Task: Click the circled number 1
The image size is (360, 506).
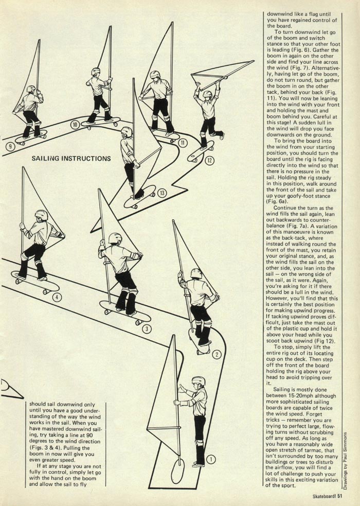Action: click(x=211, y=459)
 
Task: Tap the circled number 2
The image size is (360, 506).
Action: click(x=217, y=355)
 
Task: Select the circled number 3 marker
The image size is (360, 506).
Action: click(x=147, y=329)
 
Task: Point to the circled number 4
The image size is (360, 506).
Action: click(x=57, y=297)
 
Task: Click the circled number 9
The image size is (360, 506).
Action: click(x=10, y=147)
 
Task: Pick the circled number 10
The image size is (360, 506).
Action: click(x=75, y=125)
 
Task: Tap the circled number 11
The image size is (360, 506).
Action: click(x=183, y=142)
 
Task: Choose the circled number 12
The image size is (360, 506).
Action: click(x=210, y=160)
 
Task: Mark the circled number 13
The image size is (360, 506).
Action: click(x=162, y=194)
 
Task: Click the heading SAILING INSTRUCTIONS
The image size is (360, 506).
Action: click(x=71, y=159)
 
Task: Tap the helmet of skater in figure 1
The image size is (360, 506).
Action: click(x=198, y=381)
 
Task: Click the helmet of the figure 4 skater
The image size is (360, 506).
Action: click(x=42, y=215)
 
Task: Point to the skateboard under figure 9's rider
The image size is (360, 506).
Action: click(x=31, y=137)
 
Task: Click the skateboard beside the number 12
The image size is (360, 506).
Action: click(x=201, y=151)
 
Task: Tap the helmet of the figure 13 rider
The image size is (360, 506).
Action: click(x=127, y=132)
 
